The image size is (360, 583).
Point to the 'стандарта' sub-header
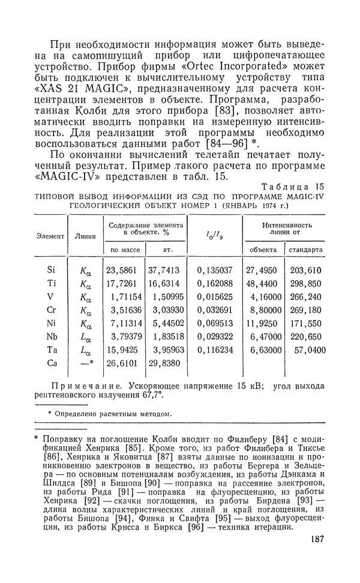[x=305, y=248]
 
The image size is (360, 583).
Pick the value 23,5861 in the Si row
[x=122, y=269]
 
